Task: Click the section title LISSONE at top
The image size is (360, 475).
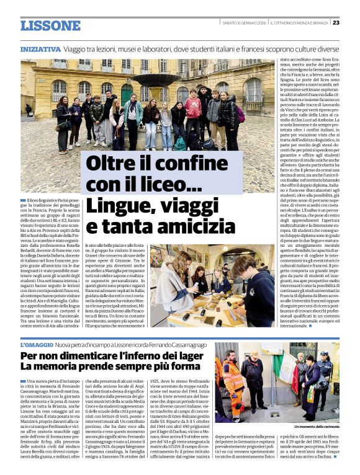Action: click(50, 25)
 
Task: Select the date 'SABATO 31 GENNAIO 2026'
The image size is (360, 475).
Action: click(244, 23)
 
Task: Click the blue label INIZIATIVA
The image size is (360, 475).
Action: click(40, 49)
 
